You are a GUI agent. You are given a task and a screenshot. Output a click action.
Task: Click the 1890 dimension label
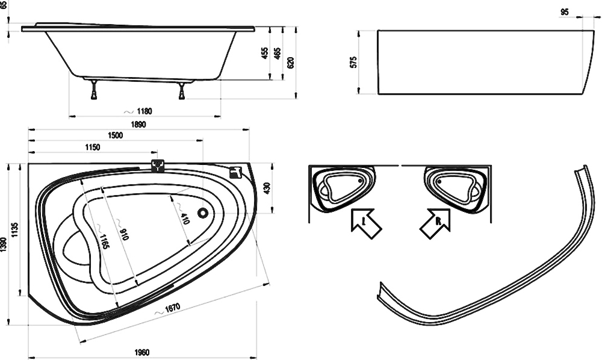pyautogui.click(x=138, y=125)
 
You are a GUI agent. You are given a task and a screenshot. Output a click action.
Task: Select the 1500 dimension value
pyautogui.click(x=115, y=135)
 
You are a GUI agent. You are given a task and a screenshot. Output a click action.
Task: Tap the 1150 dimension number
pyautogui.click(x=92, y=147)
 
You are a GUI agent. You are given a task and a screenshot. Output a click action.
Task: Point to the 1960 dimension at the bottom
pyautogui.click(x=141, y=352)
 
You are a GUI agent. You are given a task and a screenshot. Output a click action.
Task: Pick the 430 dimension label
pyautogui.click(x=267, y=188)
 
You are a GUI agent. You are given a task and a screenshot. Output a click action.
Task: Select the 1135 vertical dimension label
pyautogui.click(x=15, y=229)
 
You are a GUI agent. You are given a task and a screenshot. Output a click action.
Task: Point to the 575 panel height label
pyautogui.click(x=353, y=62)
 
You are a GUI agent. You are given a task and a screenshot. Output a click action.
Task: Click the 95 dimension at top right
pyautogui.click(x=565, y=12)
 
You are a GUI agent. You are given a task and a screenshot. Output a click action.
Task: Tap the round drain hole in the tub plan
pyautogui.click(x=203, y=213)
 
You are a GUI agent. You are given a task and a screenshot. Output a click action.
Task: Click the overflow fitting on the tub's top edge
pyautogui.click(x=158, y=166)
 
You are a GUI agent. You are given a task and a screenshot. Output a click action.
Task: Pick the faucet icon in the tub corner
pyautogui.click(x=235, y=173)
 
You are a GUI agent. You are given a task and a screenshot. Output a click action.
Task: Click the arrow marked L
pyautogui.click(x=366, y=223)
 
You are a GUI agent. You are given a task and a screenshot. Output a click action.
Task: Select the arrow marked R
pyautogui.click(x=435, y=224)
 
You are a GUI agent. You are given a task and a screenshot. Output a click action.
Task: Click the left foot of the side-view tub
pyautogui.click(x=94, y=90)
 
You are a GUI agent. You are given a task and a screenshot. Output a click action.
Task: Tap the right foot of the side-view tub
pyautogui.click(x=182, y=90)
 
